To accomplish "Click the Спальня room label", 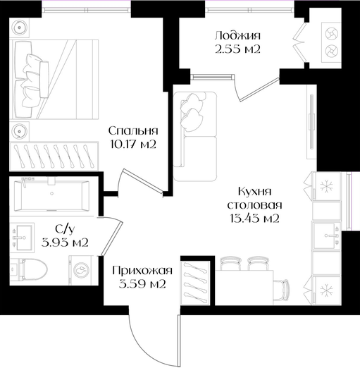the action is [133, 131].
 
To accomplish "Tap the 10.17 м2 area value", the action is [133, 145].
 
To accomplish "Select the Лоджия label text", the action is [237, 36].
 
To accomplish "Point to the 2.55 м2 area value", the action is [237, 49].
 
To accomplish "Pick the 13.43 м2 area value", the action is [255, 219].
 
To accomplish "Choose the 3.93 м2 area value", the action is [65, 242].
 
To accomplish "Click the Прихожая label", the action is [142, 271].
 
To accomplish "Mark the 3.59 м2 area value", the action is [142, 284].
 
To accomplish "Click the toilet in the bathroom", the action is [29, 269].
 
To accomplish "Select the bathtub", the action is [51, 196].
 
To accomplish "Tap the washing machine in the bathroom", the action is [80, 270].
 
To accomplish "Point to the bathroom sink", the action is [22, 238].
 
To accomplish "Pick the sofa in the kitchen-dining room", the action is [195, 136].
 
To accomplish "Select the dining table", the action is [244, 288].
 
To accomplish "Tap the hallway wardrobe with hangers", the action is [195, 283].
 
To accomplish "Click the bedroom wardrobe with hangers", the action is [54, 156].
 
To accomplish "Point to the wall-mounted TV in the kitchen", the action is [311, 121].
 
